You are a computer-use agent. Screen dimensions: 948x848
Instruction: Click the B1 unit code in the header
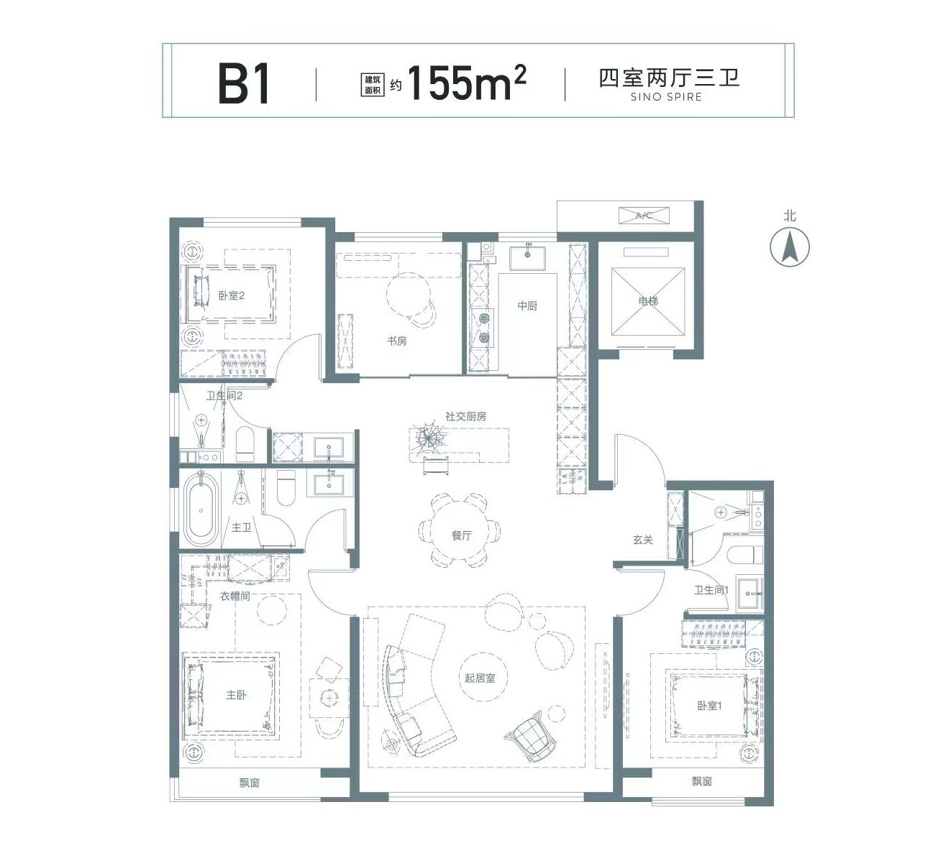[244, 83]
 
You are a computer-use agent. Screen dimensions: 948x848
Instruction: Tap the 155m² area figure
[467, 82]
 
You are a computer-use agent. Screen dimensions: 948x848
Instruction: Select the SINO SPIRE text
[666, 97]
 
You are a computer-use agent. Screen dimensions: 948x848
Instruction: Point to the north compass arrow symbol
[790, 246]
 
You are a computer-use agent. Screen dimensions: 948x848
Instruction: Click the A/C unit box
[644, 216]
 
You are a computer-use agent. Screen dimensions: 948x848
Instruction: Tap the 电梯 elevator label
[648, 300]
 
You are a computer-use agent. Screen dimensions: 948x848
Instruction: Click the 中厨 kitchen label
[527, 305]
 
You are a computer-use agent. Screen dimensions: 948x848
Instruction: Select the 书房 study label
[397, 341]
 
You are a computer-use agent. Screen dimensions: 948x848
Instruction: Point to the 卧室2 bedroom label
[232, 295]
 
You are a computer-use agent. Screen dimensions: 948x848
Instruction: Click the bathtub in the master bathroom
[201, 510]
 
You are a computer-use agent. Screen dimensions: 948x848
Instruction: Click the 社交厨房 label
[465, 416]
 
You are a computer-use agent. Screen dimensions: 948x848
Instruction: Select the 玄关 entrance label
[643, 540]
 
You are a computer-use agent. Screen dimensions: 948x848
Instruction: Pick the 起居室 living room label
[480, 678]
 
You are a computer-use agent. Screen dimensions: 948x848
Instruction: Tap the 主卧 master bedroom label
[237, 695]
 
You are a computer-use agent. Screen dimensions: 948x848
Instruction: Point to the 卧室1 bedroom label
[709, 706]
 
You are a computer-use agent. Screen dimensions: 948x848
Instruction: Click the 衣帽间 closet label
[235, 596]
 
